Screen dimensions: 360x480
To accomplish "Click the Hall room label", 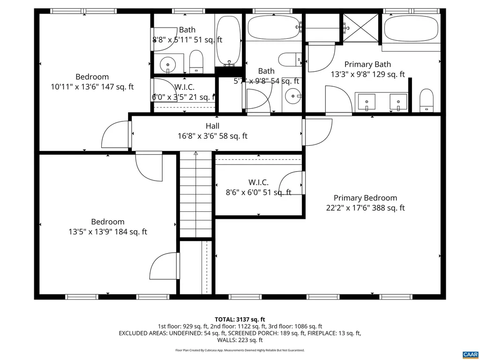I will (x=212, y=126).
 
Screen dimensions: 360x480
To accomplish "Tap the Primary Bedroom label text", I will (x=365, y=198).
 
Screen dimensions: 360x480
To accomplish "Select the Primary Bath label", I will (x=367, y=64).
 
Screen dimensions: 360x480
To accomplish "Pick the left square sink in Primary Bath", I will (x=366, y=101).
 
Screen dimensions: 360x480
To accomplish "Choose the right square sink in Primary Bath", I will (x=398, y=101).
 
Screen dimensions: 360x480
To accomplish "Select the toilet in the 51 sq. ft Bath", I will (x=196, y=61).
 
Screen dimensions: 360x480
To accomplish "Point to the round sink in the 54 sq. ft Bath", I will (x=293, y=96).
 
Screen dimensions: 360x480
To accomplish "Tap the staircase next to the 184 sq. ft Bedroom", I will (x=196, y=195).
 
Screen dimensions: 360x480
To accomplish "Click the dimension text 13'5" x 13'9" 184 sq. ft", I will (x=107, y=232).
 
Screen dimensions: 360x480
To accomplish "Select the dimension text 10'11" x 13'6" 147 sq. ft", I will (x=92, y=87).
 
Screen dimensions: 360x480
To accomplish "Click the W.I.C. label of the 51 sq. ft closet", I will (x=258, y=182).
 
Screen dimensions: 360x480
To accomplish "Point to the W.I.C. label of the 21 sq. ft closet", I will (x=184, y=87).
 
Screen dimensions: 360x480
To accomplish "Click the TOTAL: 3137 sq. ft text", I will (x=240, y=320).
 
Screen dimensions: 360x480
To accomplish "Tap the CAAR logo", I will (x=470, y=354).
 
